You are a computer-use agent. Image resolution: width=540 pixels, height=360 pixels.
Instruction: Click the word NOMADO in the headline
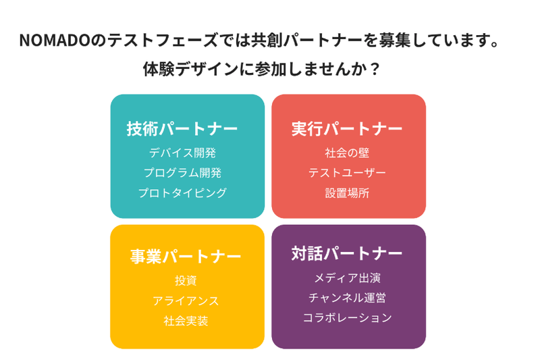[x=55, y=41]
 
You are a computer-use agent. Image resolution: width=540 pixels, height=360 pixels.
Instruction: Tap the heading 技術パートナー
[x=182, y=129]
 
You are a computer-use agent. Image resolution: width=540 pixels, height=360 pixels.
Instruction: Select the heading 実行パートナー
[x=347, y=129]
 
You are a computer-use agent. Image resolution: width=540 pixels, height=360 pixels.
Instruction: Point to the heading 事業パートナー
[x=185, y=257]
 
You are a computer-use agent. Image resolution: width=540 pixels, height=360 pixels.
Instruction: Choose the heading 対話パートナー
[x=347, y=253]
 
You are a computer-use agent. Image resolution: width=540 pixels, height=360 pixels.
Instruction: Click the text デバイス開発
[x=182, y=153]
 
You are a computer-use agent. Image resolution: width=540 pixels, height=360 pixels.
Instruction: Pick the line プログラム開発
[x=182, y=173]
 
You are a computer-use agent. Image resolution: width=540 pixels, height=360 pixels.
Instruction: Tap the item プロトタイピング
[x=182, y=193]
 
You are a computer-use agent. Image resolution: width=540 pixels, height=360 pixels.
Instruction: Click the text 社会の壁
[x=347, y=153]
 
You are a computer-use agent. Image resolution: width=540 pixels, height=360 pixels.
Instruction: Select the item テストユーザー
[x=347, y=173]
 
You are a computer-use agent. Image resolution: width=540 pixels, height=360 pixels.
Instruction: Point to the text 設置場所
[x=347, y=193]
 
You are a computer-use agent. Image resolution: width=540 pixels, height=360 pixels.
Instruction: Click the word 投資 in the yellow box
[x=186, y=281]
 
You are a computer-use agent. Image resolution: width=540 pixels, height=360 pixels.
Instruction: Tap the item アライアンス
[x=186, y=301]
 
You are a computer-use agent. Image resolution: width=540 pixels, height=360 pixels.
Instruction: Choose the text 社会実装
[x=186, y=321]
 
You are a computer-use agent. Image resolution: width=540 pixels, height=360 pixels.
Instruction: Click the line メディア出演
[x=347, y=278]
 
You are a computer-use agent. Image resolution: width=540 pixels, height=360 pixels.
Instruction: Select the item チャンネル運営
[x=347, y=298]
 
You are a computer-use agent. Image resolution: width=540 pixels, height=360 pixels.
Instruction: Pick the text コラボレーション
[x=347, y=318]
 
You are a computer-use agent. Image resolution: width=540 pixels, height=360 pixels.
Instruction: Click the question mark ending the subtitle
[x=375, y=70]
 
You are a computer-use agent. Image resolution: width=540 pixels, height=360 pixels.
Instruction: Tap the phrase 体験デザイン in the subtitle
[x=191, y=70]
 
